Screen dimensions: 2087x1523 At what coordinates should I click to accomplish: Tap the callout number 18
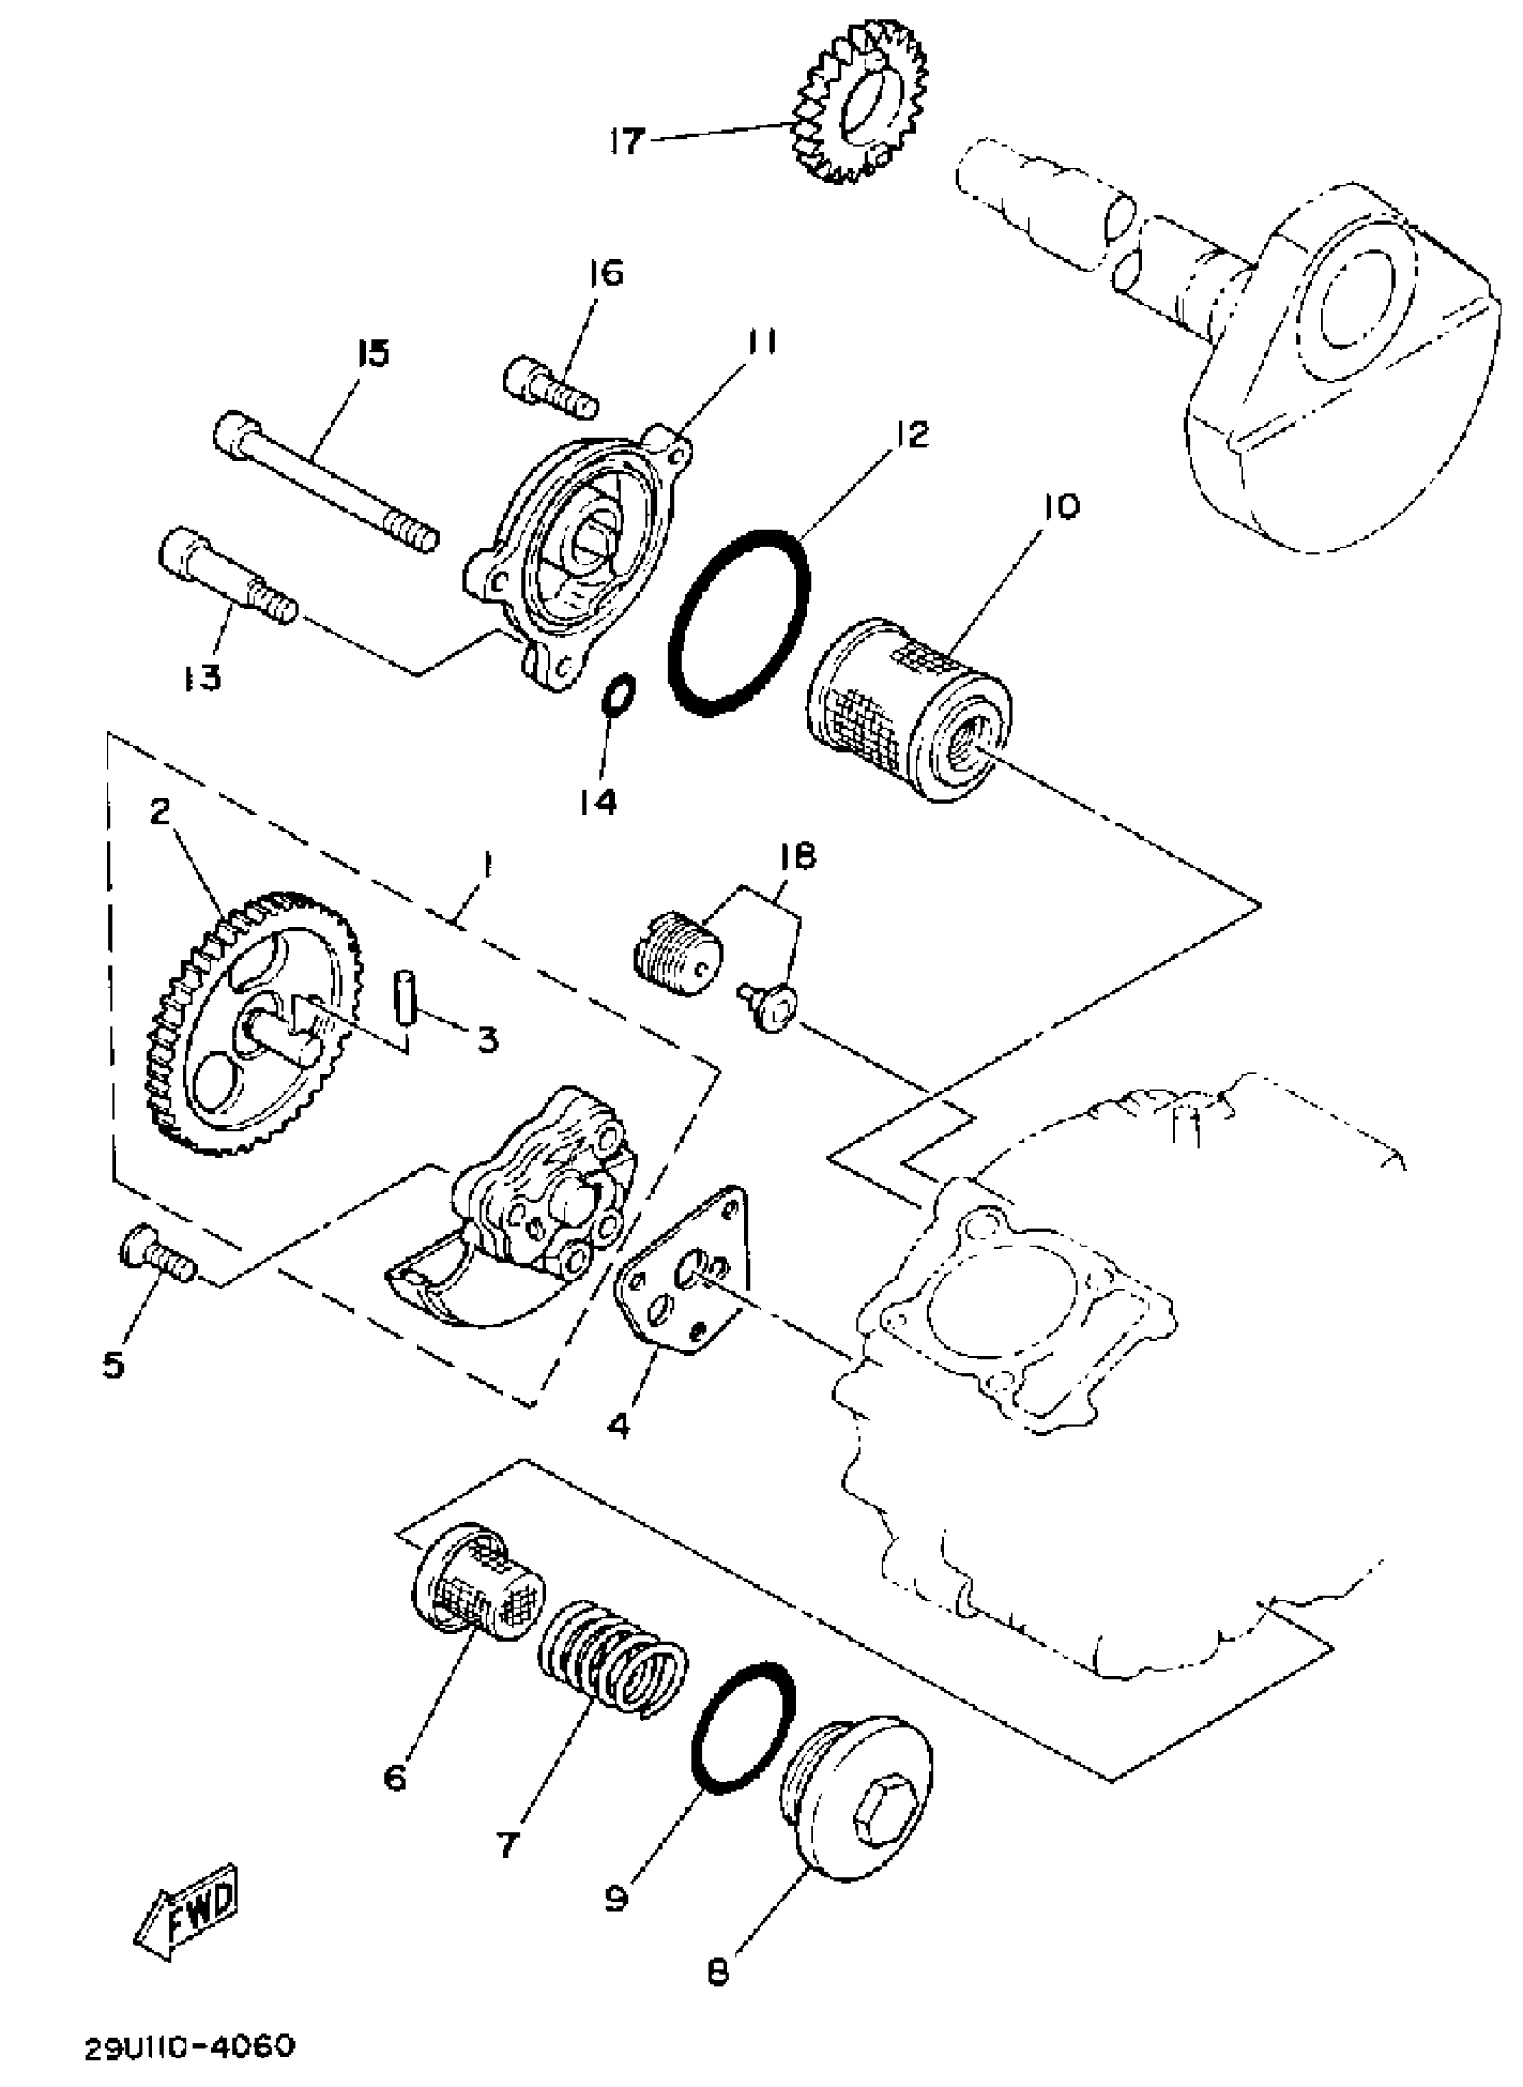point(796,858)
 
